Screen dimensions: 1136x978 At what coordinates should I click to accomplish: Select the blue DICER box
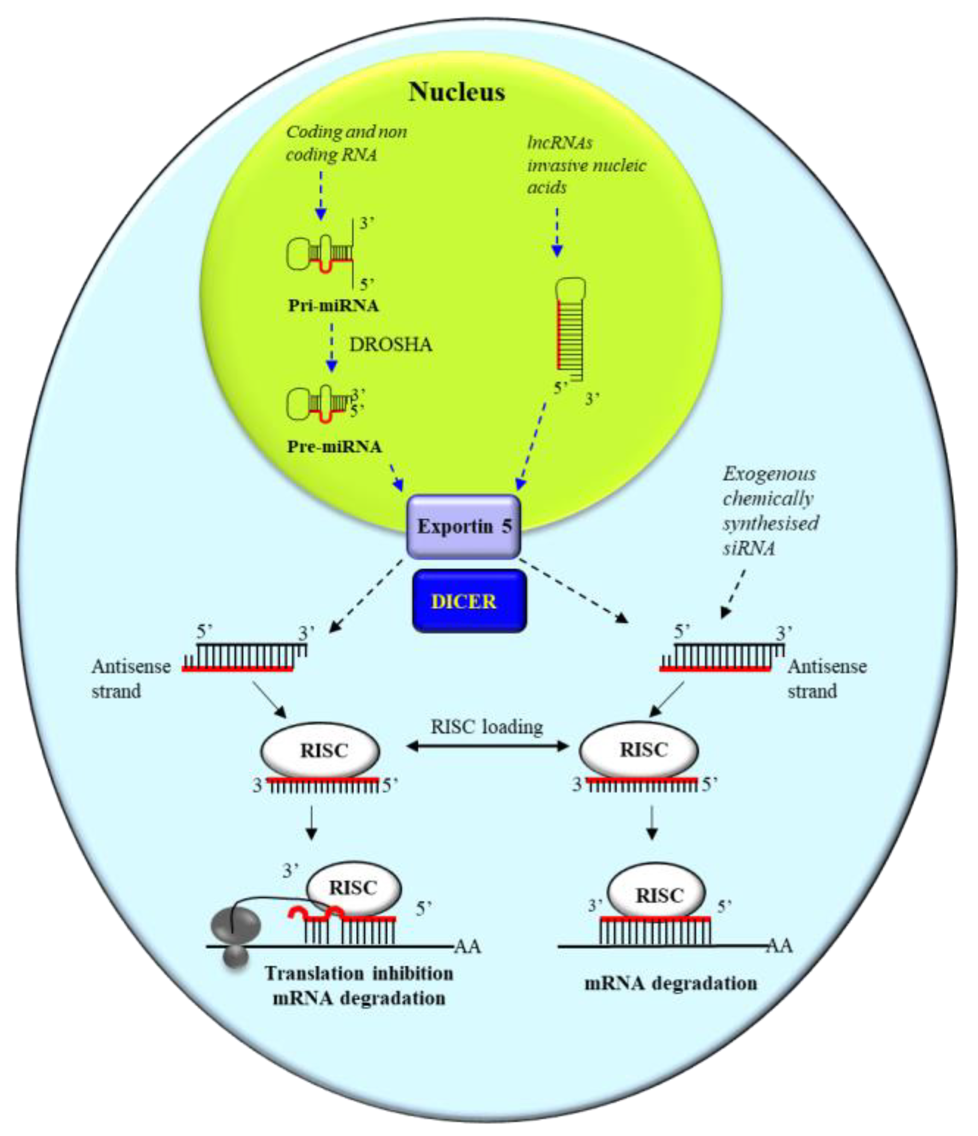(x=469, y=602)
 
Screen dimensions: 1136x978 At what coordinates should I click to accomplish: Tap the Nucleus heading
(x=456, y=92)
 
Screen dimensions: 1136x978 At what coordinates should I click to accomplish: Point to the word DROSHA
(x=390, y=345)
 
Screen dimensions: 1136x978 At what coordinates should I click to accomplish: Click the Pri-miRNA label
(x=334, y=305)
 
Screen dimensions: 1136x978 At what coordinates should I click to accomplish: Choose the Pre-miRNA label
(x=334, y=447)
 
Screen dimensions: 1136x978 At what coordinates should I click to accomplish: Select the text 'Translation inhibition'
(x=359, y=974)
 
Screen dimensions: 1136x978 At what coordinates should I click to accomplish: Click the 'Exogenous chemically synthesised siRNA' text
(x=770, y=511)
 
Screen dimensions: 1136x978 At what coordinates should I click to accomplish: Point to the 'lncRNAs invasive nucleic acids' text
(x=586, y=165)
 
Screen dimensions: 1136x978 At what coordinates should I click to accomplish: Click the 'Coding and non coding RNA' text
(x=346, y=143)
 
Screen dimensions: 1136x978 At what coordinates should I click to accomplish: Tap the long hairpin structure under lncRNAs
(x=570, y=329)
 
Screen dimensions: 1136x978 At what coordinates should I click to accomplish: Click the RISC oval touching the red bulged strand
(x=354, y=888)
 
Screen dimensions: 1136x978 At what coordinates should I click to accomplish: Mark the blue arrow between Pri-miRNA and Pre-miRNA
(x=331, y=347)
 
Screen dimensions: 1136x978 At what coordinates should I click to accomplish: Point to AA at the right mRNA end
(x=779, y=946)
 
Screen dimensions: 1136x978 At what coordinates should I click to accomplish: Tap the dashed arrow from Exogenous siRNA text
(x=735, y=593)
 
